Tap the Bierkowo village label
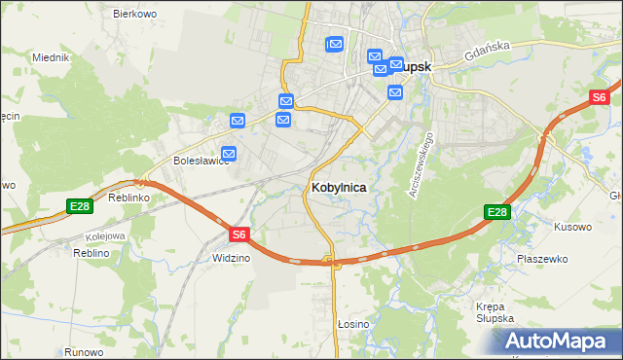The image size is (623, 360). [x=135, y=14]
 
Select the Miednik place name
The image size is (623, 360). [x=50, y=57]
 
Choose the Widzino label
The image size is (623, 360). [x=231, y=258]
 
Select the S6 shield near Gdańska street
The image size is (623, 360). [x=600, y=97]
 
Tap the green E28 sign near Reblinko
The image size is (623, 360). [x=80, y=205]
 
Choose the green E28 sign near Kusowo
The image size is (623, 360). [x=497, y=212]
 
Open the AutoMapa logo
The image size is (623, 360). [x=559, y=341]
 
